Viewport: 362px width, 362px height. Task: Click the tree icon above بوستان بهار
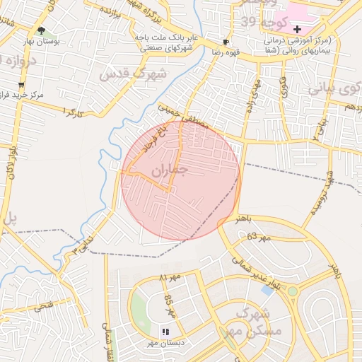click(x=41, y=30)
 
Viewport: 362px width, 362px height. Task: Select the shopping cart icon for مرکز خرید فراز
click(x=21, y=84)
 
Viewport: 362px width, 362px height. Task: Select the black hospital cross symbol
click(x=297, y=30)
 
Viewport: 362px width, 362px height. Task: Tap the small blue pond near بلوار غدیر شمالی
click(x=268, y=289)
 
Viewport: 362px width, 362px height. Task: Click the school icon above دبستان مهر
click(x=165, y=331)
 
